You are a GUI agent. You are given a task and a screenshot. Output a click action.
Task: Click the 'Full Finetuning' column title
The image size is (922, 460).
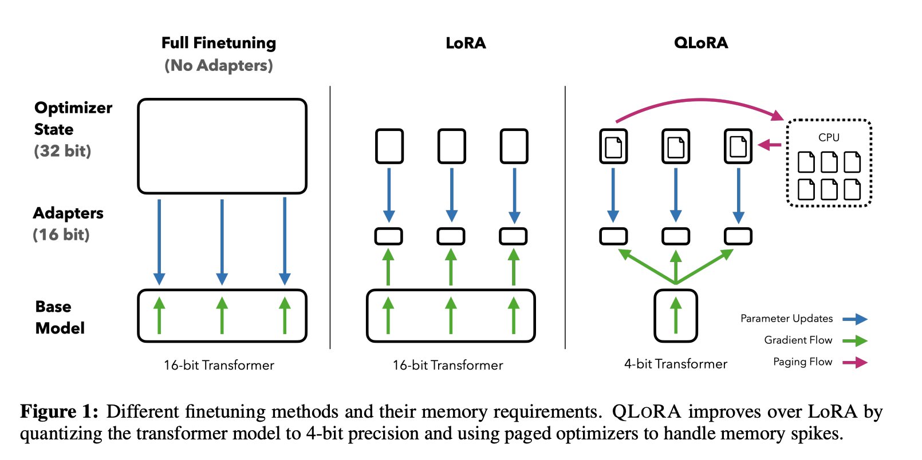click(x=219, y=43)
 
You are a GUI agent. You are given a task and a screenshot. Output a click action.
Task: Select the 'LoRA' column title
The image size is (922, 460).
click(x=466, y=43)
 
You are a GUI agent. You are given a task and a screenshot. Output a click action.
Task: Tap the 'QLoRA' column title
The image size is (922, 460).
click(x=701, y=43)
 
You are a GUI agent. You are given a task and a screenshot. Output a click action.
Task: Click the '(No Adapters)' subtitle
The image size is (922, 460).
click(x=219, y=66)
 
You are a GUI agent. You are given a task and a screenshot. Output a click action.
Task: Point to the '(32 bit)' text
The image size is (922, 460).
click(x=62, y=151)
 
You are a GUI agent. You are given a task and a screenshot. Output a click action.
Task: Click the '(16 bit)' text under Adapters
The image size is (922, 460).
click(x=61, y=235)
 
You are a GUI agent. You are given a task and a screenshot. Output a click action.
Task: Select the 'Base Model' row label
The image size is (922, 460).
click(x=60, y=318)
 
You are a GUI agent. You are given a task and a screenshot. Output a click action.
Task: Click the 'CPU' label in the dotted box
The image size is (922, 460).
click(x=829, y=137)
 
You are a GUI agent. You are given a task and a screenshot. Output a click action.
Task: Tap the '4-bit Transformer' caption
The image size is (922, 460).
click(x=675, y=364)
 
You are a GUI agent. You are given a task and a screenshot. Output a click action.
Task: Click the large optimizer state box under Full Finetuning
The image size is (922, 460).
click(x=222, y=146)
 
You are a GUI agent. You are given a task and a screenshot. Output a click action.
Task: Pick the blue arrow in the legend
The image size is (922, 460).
click(x=855, y=319)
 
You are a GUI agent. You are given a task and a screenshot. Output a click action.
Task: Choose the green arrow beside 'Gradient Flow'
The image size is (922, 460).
click(x=855, y=341)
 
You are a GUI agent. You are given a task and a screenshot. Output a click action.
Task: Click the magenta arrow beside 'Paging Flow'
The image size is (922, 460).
click(x=855, y=363)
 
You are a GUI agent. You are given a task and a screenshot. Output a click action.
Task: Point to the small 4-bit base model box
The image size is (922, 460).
click(x=675, y=316)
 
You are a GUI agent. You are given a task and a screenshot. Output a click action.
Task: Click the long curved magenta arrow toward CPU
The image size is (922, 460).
click(x=700, y=100)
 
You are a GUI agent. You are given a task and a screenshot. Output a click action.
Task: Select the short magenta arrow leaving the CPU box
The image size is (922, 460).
click(x=769, y=145)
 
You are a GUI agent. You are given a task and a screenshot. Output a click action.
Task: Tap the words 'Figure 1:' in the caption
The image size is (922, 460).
click(x=60, y=412)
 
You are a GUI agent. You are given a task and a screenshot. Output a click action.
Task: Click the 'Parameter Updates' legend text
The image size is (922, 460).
click(x=787, y=319)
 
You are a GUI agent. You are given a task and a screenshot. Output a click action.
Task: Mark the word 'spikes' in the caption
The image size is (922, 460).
click(x=814, y=434)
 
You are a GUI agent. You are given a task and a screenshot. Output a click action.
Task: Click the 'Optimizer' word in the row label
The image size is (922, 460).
click(x=73, y=108)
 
